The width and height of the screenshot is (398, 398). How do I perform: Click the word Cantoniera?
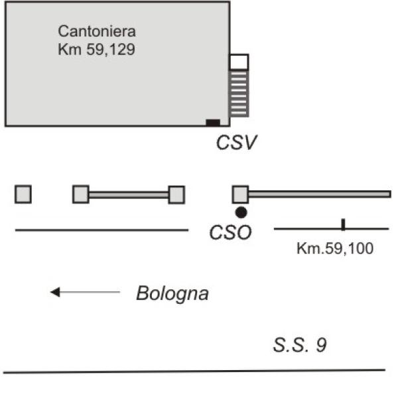click(97, 31)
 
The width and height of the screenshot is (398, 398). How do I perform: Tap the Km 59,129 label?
click(96, 49)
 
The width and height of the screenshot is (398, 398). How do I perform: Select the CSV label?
click(237, 142)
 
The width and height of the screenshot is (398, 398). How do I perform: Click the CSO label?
click(230, 232)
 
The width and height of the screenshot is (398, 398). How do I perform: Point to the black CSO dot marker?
click(241, 212)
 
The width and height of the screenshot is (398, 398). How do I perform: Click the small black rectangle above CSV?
click(213, 123)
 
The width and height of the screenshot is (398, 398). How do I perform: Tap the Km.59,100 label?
click(335, 248)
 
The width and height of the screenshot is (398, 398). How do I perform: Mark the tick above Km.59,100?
click(343, 224)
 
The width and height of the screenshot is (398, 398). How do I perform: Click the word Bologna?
click(172, 293)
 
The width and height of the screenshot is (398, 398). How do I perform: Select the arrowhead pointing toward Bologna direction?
click(55, 292)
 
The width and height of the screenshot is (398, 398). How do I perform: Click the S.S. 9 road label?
click(300, 345)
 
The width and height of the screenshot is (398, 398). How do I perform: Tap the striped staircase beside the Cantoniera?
click(239, 94)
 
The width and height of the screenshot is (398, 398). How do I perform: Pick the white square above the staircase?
click(239, 62)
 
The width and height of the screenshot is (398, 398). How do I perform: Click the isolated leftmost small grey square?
click(23, 194)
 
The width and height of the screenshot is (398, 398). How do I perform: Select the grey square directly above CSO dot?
click(240, 194)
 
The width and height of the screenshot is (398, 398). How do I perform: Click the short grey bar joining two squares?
click(129, 194)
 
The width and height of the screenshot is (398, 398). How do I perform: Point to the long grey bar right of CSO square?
click(320, 194)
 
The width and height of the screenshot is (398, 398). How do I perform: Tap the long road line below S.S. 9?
click(194, 371)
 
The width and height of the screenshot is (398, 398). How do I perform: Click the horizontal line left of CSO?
click(101, 230)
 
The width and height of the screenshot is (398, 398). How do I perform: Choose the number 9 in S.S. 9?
click(321, 345)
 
